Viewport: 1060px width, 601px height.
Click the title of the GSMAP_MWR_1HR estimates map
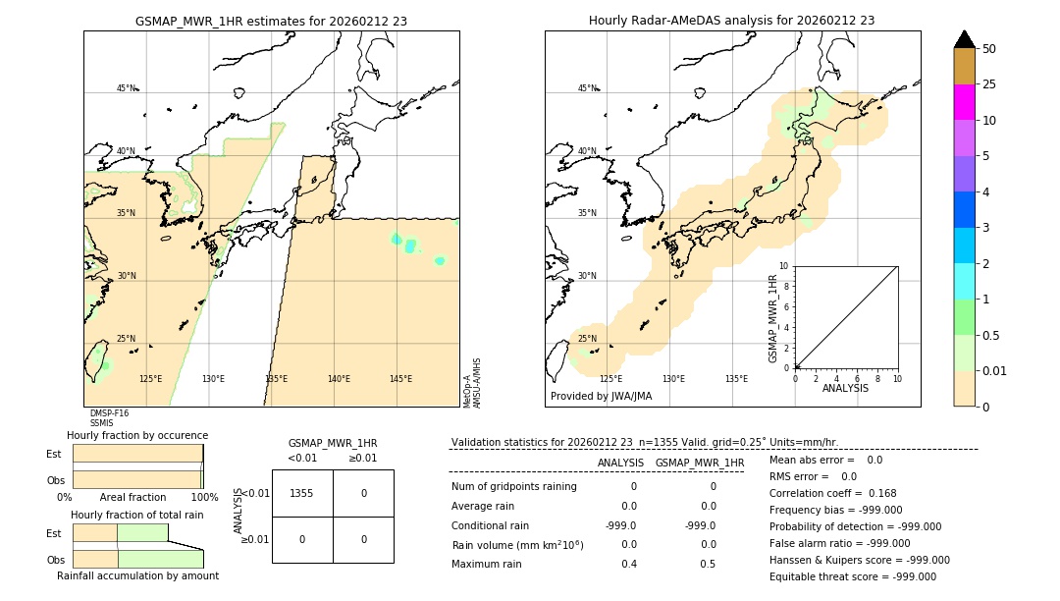pos(271,21)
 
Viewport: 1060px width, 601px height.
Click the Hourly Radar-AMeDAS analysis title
pos(731,21)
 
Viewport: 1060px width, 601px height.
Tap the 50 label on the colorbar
pos(989,49)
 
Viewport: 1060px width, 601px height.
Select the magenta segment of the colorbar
pos(965,102)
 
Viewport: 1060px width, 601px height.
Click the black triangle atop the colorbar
pos(965,39)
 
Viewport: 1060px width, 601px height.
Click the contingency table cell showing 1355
pos(302,493)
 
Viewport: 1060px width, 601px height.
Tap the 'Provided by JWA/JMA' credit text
pos(601,397)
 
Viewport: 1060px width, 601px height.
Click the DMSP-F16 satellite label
pos(109,413)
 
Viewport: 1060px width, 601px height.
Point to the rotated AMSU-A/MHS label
pos(476,383)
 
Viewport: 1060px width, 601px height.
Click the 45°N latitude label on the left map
pos(127,88)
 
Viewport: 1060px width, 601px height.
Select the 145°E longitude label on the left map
pos(400,379)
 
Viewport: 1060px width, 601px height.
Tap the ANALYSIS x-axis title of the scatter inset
pos(845,388)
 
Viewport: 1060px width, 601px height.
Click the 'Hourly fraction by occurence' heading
pos(137,435)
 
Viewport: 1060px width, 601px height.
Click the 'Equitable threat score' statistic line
pos(852,576)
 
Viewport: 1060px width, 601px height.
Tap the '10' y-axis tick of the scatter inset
pos(784,266)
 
